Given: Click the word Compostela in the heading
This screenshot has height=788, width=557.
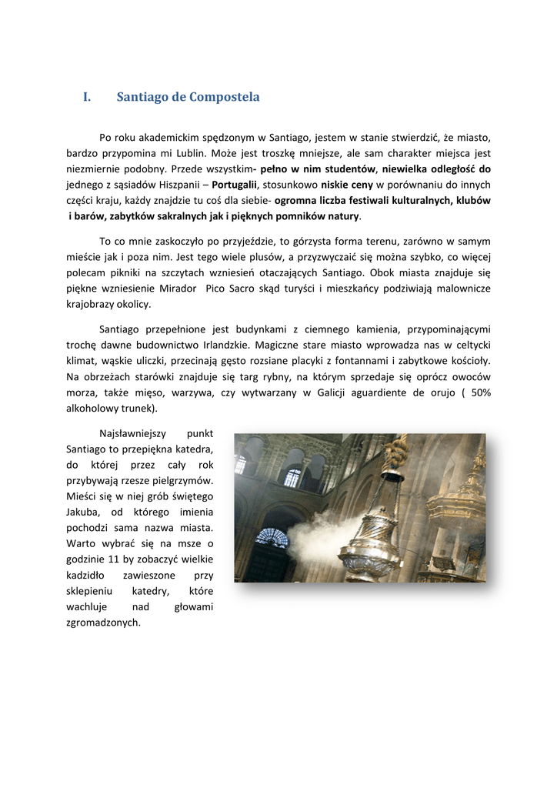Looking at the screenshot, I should (224, 97).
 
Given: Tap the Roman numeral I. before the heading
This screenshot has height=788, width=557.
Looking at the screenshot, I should (87, 97).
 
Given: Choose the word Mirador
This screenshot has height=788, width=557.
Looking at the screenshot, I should (178, 288).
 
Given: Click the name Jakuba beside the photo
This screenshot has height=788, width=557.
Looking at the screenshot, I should (84, 512).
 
